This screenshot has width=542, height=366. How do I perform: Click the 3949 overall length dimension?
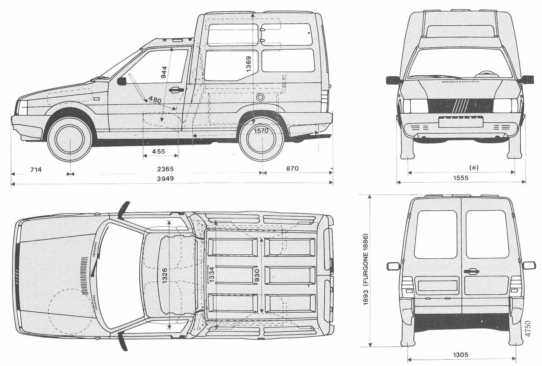click(x=165, y=178)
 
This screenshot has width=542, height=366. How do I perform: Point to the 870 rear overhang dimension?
click(x=292, y=168)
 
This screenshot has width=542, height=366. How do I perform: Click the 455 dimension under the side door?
click(x=159, y=151)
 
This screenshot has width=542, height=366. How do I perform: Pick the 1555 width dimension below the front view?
click(x=461, y=178)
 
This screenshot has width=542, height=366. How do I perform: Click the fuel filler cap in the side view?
click(x=260, y=98)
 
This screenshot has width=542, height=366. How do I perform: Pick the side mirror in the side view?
click(x=122, y=81)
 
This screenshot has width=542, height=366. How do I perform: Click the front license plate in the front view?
click(x=461, y=122)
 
